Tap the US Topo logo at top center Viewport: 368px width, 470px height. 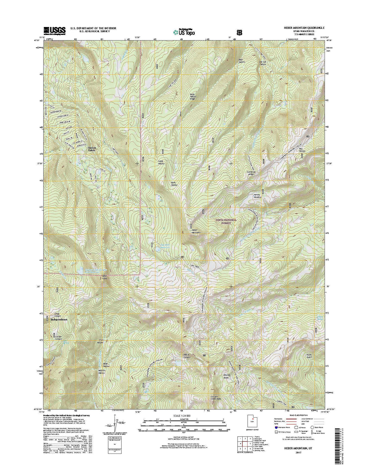pyautogui.click(x=184, y=32)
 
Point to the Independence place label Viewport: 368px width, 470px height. pyautogui.click(x=59, y=319)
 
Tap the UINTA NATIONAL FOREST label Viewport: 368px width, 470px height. pyautogui.click(x=227, y=221)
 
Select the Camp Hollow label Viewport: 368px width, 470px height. pyautogui.click(x=161, y=162)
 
